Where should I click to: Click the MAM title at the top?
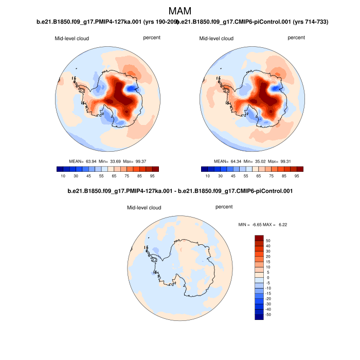click(x=180, y=10)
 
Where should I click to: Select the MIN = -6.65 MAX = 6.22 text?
click(x=263, y=225)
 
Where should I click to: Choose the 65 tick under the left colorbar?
click(x=114, y=176)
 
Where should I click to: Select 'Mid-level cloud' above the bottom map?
click(x=144, y=208)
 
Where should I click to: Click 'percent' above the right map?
click(x=296, y=38)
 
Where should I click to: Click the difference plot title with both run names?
click(x=180, y=191)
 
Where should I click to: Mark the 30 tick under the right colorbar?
click(x=221, y=176)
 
